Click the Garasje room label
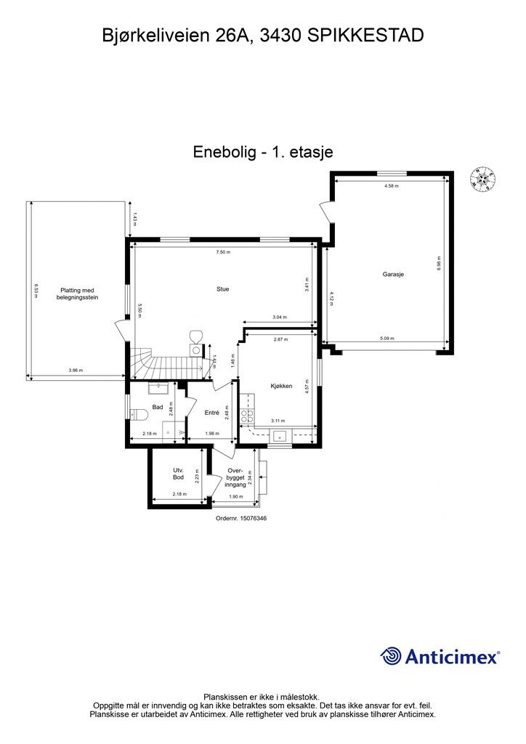392,275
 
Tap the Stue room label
222,289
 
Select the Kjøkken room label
281,386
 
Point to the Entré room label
211,413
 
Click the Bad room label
157,408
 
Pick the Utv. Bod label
178,474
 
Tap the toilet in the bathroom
138,414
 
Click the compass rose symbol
482,177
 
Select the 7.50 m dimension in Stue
222,252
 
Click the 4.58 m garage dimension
392,187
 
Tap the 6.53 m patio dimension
35,289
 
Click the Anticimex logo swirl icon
392,655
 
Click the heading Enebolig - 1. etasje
262,152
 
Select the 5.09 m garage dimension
384,338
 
